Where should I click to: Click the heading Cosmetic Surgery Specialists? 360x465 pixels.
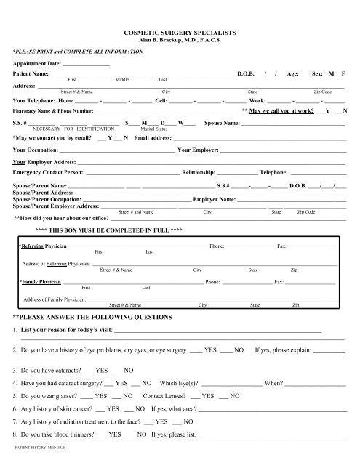click(180, 33)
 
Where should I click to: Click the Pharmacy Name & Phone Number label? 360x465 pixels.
click(53, 111)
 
